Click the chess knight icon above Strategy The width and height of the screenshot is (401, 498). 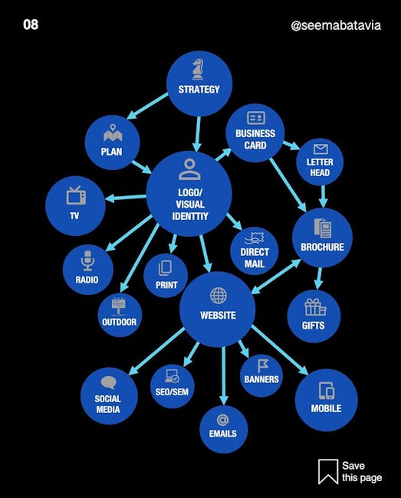point(197,69)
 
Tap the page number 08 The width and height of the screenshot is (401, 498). point(31,25)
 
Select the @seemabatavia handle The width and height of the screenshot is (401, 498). point(336,25)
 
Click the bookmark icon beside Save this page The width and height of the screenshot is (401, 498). point(328,471)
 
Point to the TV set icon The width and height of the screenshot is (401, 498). point(76,195)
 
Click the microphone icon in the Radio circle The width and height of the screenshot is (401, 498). point(87,260)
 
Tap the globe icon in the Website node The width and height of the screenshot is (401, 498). point(219,296)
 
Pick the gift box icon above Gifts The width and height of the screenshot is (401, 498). point(315,307)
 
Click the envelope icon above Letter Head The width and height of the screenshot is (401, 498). point(320,149)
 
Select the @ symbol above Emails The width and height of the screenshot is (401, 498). point(223,420)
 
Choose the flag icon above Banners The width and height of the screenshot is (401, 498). point(262,365)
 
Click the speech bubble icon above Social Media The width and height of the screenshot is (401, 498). point(108,383)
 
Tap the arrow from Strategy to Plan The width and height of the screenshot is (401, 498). point(147,106)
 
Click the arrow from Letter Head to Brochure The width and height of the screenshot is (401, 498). point(323,196)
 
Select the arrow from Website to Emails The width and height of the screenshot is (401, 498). point(224,375)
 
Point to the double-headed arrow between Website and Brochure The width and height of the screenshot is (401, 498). point(276,277)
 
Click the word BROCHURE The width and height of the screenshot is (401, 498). point(322,247)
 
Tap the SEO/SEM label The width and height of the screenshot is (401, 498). point(172,392)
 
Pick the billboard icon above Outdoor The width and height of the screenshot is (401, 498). point(119,306)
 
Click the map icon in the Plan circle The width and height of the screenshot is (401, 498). point(113,133)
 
